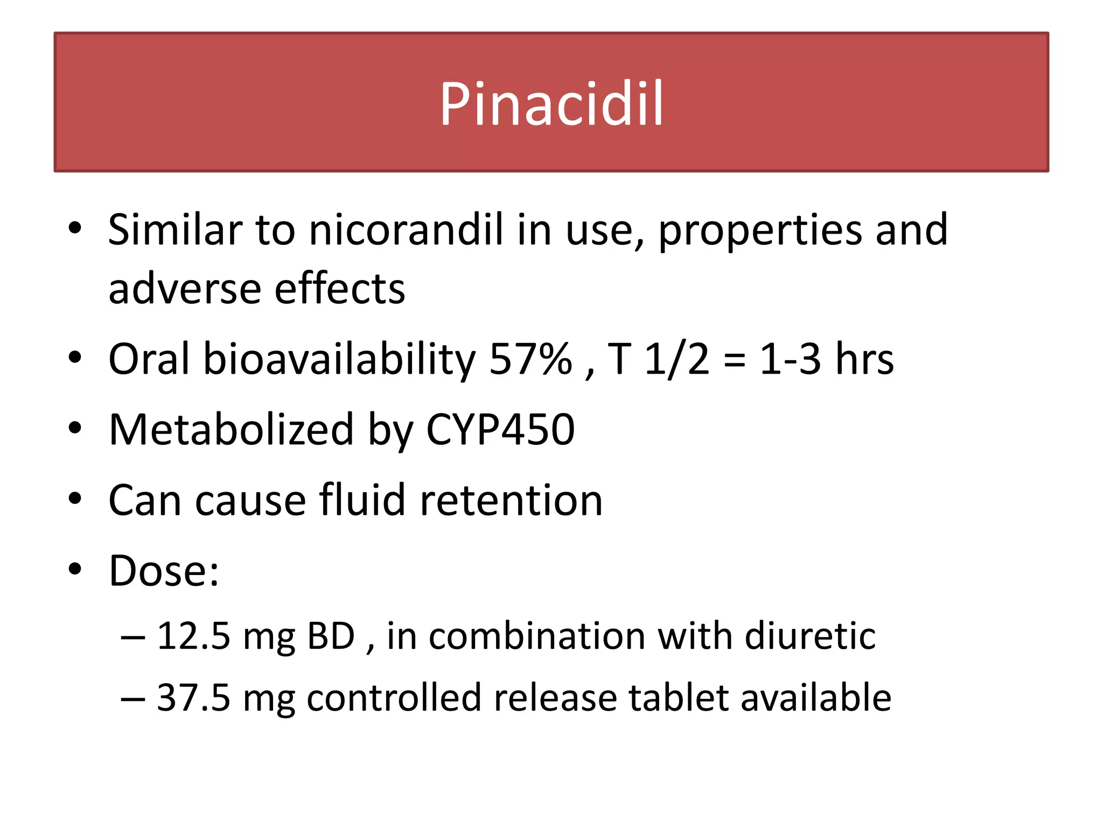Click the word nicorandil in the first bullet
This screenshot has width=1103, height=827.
[406, 230]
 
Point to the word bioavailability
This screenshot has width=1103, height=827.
[339, 360]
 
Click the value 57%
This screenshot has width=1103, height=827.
[530, 359]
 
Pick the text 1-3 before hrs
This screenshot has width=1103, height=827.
[790, 359]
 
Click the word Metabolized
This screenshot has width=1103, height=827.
[231, 430]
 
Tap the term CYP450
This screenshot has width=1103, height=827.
[500, 430]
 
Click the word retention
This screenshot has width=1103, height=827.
[511, 501]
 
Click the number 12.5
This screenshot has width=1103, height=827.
[194, 636]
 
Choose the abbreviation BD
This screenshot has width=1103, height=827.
[331, 636]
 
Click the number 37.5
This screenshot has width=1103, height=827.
[194, 698]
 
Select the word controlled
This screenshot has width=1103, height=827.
[394, 698]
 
